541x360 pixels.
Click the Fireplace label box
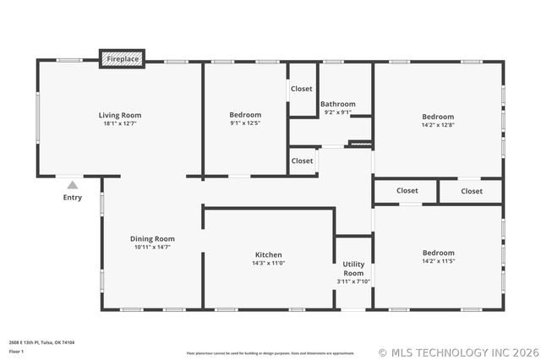[123, 59]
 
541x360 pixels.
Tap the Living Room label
[119, 115]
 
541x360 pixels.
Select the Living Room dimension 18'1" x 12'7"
[119, 123]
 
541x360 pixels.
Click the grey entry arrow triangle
[73, 185]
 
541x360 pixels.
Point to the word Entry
[73, 198]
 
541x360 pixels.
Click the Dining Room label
[152, 238]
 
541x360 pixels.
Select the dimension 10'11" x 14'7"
[152, 247]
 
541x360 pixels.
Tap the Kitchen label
[269, 254]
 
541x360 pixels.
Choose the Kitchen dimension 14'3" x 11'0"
[269, 263]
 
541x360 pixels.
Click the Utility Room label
[353, 269]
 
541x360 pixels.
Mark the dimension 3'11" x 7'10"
[353, 281]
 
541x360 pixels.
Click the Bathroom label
[337, 104]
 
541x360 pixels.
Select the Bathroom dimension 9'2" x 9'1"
[337, 112]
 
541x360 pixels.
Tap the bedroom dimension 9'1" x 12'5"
[245, 123]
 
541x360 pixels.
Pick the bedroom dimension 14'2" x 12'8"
[438, 125]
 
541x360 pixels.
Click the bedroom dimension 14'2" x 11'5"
[438, 261]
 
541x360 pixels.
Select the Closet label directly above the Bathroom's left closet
[302, 89]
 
